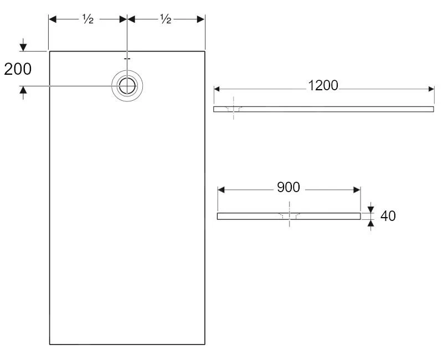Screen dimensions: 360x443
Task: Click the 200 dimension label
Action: pos(18,69)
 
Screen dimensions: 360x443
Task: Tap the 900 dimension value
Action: pos(288,187)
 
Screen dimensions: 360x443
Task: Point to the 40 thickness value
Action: pos(388,216)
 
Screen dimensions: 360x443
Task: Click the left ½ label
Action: pos(87,19)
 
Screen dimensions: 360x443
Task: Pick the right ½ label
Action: pos(166,19)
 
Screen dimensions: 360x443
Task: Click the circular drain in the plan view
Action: pos(127,86)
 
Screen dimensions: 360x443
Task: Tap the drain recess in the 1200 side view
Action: pos(234,110)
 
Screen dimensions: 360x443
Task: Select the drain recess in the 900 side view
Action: pos(289,217)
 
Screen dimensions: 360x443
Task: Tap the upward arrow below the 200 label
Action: pos(23,92)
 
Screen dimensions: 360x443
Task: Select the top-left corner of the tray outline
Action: pos(50,51)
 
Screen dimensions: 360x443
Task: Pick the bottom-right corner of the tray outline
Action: pos(205,344)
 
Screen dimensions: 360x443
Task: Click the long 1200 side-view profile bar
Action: pos(332,109)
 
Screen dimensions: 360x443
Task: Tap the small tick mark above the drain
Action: pos(127,58)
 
